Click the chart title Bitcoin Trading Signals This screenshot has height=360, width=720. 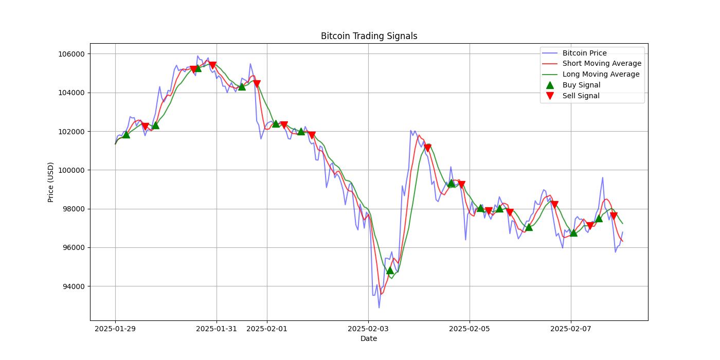369,36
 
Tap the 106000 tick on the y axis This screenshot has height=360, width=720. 70,54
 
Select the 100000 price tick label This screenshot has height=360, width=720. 70,170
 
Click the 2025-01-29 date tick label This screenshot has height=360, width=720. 115,329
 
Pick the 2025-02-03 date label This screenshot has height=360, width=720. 368,329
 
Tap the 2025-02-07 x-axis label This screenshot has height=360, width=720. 571,329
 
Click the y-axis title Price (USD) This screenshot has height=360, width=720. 51,182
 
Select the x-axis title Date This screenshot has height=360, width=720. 369,338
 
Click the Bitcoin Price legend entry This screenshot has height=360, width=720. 584,53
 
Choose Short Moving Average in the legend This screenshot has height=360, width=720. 602,64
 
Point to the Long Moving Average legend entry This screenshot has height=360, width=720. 601,75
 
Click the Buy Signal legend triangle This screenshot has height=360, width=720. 550,85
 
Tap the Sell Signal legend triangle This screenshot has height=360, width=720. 550,96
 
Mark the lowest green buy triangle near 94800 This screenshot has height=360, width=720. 390,270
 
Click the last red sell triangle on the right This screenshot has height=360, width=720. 614,216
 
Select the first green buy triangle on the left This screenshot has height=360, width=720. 126,134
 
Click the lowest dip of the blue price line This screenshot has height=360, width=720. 379,308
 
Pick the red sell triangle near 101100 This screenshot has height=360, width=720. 427,148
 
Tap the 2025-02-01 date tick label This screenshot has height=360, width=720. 267,329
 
